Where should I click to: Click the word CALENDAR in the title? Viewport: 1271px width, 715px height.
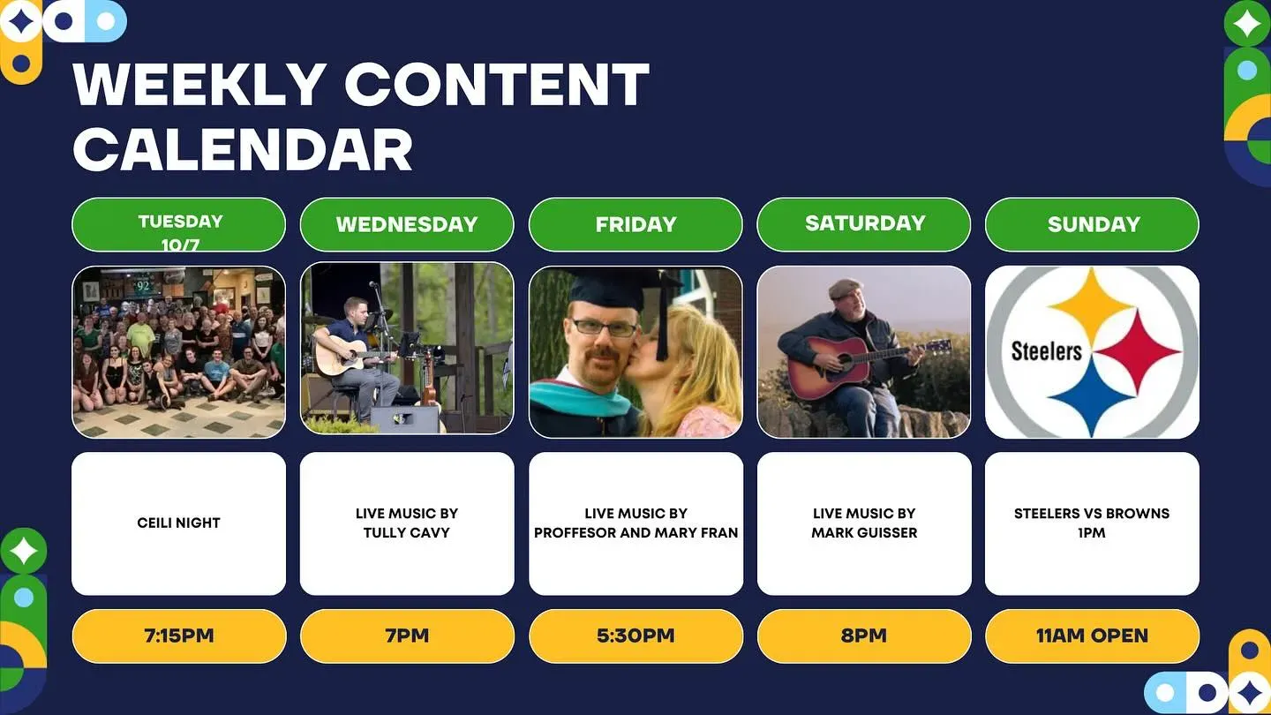242,149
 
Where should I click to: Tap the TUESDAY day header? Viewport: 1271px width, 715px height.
178,225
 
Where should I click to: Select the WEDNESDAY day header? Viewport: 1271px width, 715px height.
407,225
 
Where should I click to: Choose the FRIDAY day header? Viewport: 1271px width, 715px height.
635,225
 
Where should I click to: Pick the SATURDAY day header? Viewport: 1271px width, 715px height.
864,225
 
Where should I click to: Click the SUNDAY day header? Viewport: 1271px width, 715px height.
1093,225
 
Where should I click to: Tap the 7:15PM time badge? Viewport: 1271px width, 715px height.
179,636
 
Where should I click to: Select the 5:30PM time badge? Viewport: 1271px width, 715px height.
636,636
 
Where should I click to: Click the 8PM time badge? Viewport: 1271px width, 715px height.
864,636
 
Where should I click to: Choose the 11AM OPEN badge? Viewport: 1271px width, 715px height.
1093,636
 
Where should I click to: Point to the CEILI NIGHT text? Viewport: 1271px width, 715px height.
178,523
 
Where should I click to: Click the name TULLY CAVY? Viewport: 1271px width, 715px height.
407,533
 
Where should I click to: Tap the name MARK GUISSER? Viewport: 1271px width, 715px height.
864,533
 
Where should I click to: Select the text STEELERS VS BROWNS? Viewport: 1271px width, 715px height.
1092,514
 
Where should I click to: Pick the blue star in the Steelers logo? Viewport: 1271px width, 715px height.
1091,396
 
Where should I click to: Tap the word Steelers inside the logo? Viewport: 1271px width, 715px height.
1047,351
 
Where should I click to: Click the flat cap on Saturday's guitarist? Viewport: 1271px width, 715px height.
845,289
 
